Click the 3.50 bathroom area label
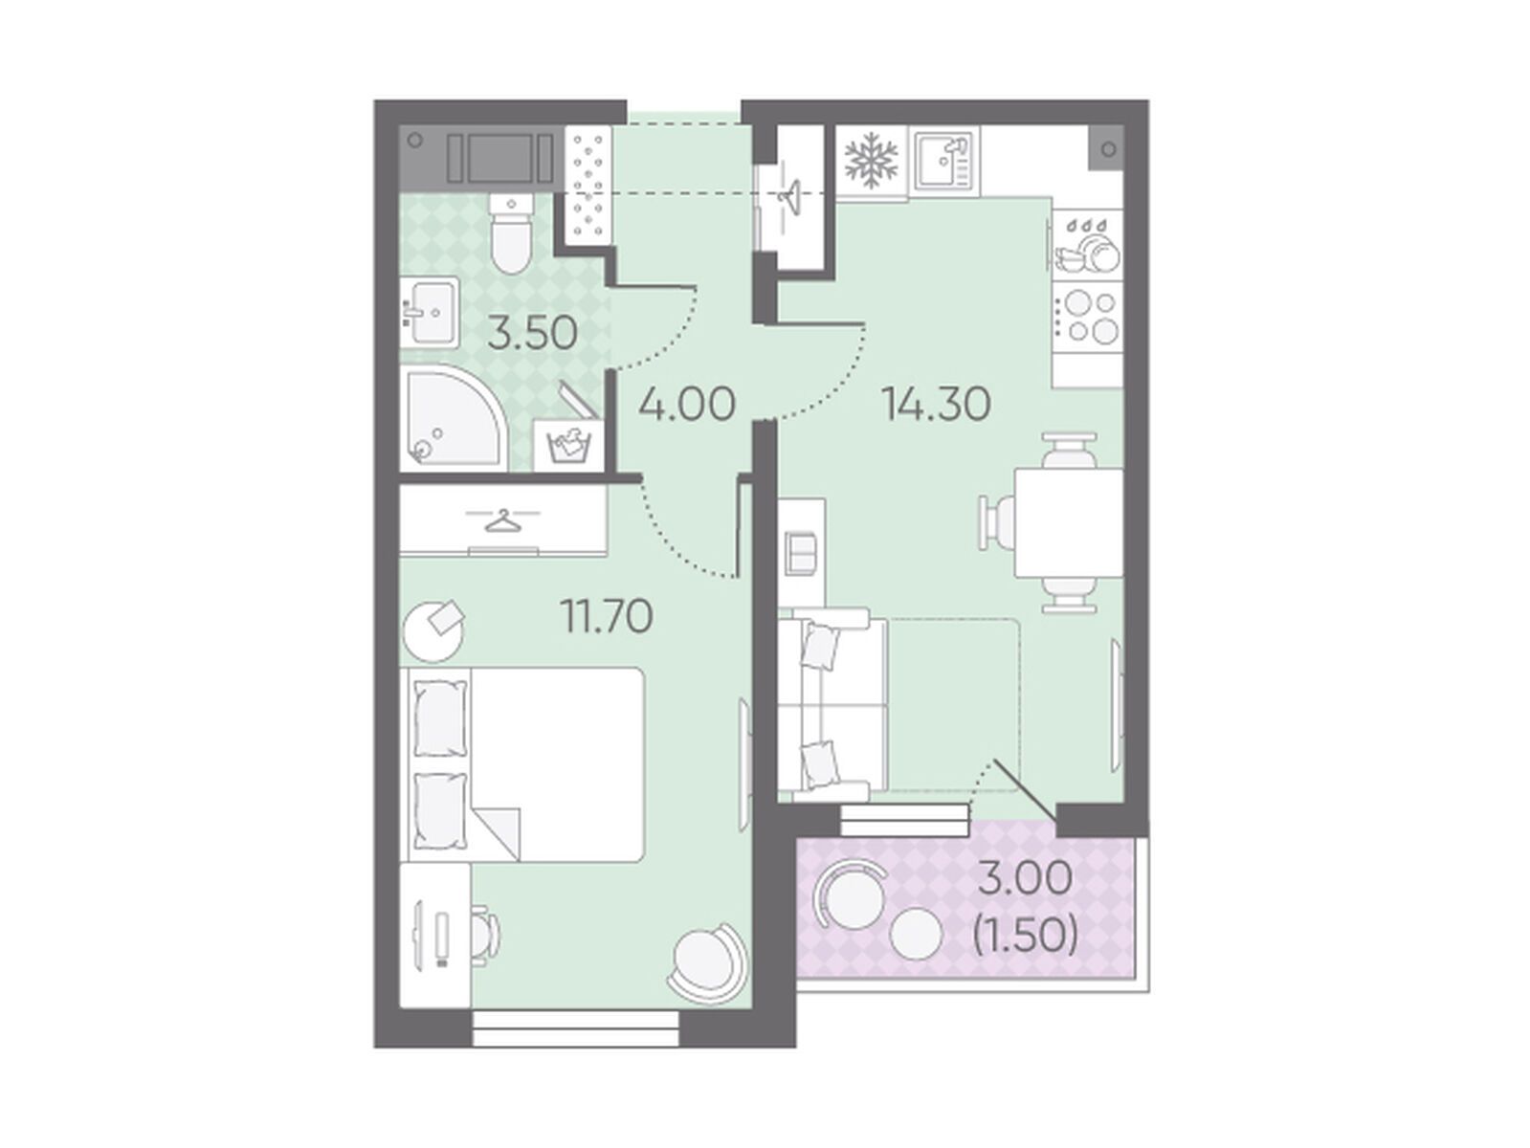point(532,332)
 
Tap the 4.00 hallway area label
point(687,404)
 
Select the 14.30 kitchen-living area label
point(936,404)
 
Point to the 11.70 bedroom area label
point(607,616)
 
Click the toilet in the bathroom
point(511,233)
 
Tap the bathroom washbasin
point(430,312)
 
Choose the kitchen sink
point(945,161)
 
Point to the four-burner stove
point(1087,317)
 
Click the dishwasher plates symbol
point(1087,245)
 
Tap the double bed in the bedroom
point(522,765)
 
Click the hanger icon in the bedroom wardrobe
point(502,519)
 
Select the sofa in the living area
point(833,705)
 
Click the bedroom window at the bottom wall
point(576,1028)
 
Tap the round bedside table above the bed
point(434,631)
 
